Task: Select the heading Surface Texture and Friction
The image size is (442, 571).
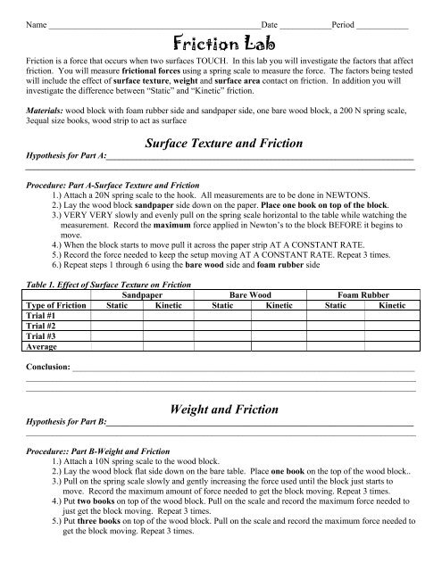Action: click(221, 142)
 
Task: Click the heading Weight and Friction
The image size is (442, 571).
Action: click(221, 408)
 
